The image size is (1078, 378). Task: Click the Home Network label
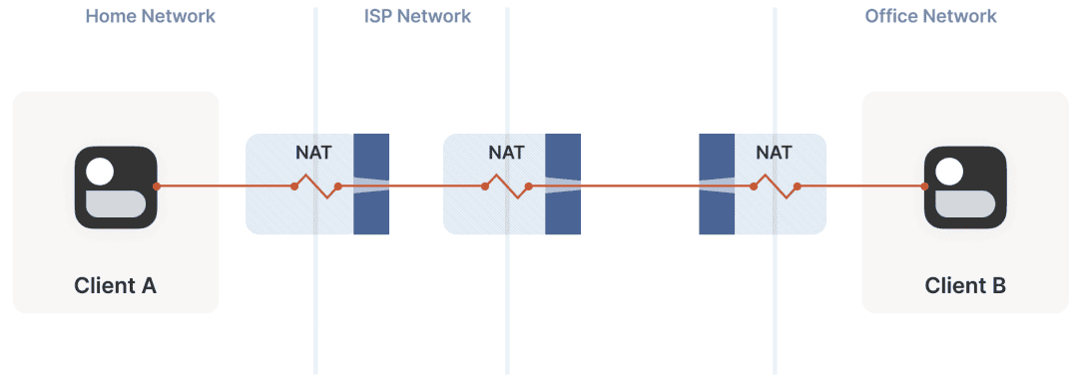tap(150, 16)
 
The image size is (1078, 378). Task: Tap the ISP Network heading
tap(417, 16)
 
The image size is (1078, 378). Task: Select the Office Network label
tap(930, 16)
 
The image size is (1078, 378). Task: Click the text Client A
tap(116, 285)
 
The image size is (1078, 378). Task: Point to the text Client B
tap(965, 285)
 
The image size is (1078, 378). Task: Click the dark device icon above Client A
tap(116, 188)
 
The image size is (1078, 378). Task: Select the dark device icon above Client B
tap(965, 188)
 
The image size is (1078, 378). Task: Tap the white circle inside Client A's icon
tap(101, 172)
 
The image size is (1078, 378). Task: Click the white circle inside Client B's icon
tap(950, 172)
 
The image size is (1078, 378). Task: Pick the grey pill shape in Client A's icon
tap(116, 204)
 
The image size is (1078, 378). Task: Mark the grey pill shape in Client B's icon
tap(965, 204)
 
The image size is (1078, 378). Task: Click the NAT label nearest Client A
tap(313, 152)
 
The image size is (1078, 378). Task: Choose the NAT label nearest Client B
tap(774, 152)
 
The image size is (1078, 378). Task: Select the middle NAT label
tap(506, 152)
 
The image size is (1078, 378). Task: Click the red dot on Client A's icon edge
tap(157, 187)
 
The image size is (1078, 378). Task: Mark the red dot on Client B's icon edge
tap(924, 187)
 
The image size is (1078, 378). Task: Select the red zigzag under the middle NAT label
tap(507, 187)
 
